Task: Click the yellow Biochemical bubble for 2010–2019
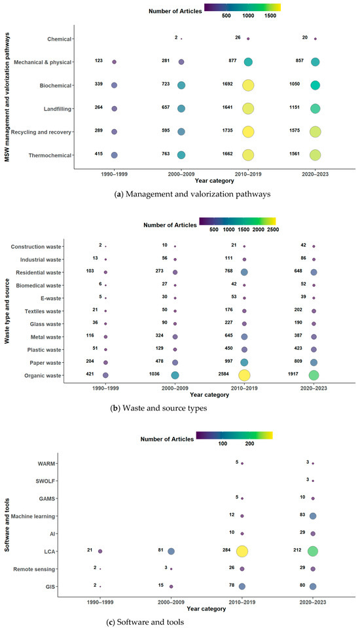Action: [248, 85]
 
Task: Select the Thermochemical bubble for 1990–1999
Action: [114, 155]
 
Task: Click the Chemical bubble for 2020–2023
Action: [315, 39]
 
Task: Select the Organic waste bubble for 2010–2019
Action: [244, 375]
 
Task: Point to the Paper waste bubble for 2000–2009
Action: [175, 362]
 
